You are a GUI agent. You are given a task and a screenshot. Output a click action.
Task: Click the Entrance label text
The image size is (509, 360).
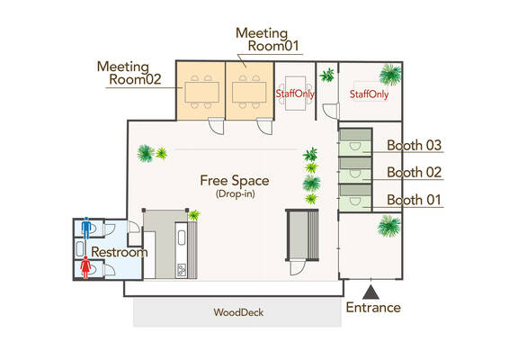373,308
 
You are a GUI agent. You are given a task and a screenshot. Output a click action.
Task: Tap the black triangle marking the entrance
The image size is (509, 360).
371,292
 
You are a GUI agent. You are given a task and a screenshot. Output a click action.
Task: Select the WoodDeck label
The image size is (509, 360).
238,312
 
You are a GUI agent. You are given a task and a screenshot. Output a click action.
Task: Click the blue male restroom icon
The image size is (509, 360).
86,228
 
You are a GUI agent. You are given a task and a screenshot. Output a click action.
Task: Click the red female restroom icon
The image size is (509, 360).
85,267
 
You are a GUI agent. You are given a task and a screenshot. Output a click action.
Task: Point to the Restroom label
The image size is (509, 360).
119,252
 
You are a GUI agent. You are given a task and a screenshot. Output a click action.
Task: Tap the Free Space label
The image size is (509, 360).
235,181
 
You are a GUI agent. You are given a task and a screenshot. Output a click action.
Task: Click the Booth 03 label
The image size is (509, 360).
415,145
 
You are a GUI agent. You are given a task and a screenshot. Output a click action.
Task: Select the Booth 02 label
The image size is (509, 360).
415,172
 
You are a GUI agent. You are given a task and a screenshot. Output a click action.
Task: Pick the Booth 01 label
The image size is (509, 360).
415,200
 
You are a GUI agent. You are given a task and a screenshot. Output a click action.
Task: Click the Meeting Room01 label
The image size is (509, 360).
267,40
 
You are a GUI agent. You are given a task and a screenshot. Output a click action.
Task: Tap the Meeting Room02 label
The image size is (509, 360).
129,73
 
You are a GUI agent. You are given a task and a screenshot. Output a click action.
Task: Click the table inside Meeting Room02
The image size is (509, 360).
202,93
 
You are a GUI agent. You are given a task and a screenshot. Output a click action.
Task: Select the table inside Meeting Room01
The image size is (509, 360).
249,93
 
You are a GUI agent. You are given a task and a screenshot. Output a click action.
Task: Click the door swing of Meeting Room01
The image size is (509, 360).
264,126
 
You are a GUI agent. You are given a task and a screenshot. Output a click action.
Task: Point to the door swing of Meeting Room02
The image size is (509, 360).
216,126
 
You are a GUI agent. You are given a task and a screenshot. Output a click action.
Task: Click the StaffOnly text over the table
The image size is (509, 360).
295,94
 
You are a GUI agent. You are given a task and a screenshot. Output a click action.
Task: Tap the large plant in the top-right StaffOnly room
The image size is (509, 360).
390,75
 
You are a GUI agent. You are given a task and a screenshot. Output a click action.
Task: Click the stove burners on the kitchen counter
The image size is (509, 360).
182,270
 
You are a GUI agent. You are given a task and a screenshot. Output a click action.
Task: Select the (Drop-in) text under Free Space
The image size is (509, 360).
235,194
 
